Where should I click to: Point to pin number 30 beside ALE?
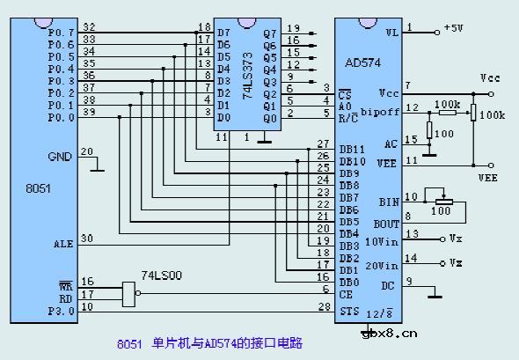[86, 238]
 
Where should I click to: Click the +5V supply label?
[453, 28]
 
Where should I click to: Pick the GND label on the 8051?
[60, 157]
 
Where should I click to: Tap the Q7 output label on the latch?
[270, 33]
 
